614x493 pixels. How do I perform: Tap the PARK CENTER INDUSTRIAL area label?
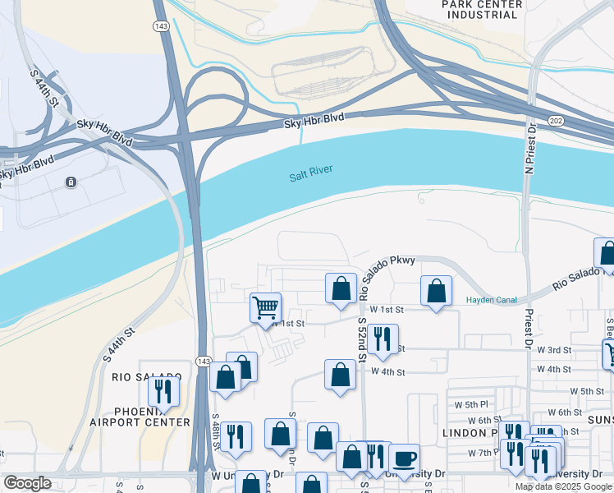(482, 10)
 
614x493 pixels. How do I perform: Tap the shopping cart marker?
(265, 308)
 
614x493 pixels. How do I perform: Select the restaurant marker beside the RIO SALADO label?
(164, 391)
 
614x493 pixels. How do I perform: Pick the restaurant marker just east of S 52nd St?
(382, 339)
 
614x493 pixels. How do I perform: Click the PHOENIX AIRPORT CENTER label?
(152, 416)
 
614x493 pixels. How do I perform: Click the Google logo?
(27, 483)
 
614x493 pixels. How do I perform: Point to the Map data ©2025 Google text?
(564, 486)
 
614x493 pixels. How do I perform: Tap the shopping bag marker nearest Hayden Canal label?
(437, 290)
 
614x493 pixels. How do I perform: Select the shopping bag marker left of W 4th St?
(340, 375)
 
